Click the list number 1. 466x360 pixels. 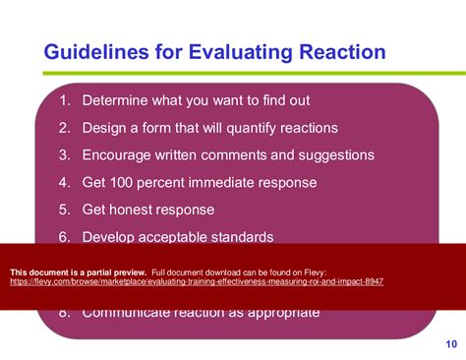click(x=64, y=100)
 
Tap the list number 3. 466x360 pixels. click(x=64, y=155)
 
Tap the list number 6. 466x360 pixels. click(x=64, y=237)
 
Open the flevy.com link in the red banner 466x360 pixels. click(x=197, y=281)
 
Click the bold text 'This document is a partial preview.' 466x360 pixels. click(x=79, y=270)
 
